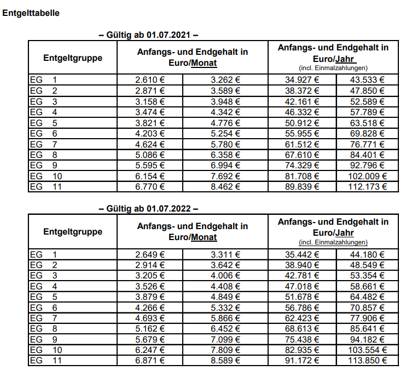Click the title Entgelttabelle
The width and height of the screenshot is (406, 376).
pos(31,13)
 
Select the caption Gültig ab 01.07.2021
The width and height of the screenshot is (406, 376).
pos(148,36)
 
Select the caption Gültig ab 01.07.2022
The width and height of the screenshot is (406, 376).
pos(148,209)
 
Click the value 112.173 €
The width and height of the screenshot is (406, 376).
pos(367,186)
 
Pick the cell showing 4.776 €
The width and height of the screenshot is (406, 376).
pos(225,122)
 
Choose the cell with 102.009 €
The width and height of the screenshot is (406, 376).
pos(367,176)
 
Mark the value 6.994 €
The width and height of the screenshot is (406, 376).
pos(225,165)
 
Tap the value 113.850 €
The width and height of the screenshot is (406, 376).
pos(367,361)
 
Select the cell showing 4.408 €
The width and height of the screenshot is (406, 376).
pos(225,286)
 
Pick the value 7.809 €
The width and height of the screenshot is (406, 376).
pos(225,350)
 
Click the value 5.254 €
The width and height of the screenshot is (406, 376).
pos(225,133)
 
